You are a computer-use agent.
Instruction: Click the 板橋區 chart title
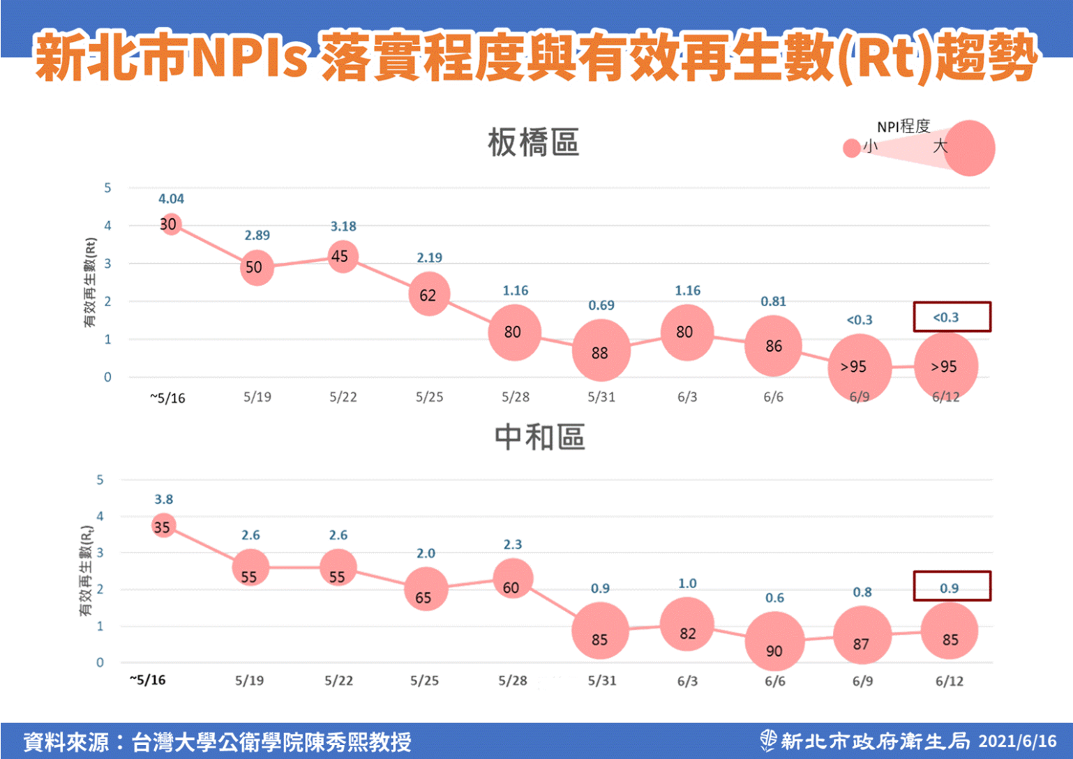point(534,143)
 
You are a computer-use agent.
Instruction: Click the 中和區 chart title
point(539,437)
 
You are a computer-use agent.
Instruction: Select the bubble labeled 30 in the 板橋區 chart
point(170,224)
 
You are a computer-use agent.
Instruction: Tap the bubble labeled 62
point(428,294)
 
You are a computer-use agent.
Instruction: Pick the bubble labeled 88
point(601,351)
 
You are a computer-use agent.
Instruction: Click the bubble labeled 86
point(773,345)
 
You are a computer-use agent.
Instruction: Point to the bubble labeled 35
point(163,526)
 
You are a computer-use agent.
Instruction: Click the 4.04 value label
point(171,199)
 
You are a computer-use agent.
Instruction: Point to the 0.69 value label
point(601,306)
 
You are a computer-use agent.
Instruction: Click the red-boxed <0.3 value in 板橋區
point(946,317)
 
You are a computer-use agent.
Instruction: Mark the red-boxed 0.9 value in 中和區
point(949,588)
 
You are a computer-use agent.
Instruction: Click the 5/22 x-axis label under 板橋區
point(343,397)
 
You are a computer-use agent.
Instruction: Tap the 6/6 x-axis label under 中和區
point(774,681)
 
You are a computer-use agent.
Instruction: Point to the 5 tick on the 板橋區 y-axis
point(107,188)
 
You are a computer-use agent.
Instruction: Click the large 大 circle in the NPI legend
point(969,148)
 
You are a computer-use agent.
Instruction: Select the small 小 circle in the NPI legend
point(852,148)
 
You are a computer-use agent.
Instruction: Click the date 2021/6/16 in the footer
point(1017,741)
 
